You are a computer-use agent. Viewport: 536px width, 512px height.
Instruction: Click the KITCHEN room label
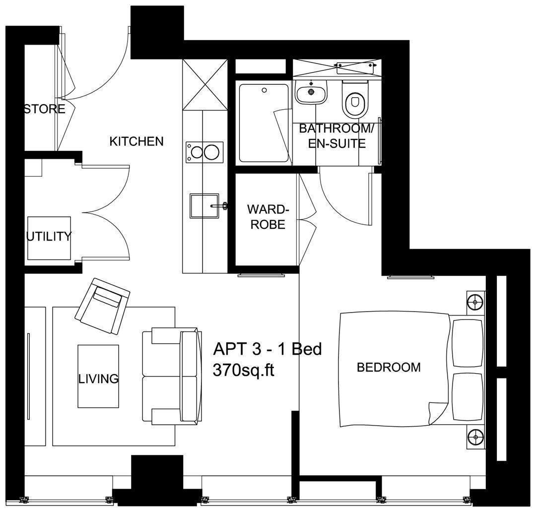(136, 141)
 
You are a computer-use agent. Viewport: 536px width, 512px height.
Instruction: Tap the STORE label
(45, 109)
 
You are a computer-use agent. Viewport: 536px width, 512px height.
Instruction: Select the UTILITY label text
(49, 236)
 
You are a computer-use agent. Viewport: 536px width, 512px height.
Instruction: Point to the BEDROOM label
(389, 368)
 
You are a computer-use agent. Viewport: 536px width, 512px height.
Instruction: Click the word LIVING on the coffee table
(98, 379)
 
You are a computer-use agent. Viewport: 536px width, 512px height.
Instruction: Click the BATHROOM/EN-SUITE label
(336, 136)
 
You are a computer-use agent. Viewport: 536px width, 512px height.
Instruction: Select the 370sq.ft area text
(244, 370)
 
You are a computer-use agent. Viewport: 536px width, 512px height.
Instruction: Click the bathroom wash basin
(311, 92)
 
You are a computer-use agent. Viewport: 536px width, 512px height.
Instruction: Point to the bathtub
(263, 123)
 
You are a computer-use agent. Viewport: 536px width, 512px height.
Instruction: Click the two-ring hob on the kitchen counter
(204, 151)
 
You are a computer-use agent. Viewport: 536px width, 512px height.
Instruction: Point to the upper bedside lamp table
(475, 302)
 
